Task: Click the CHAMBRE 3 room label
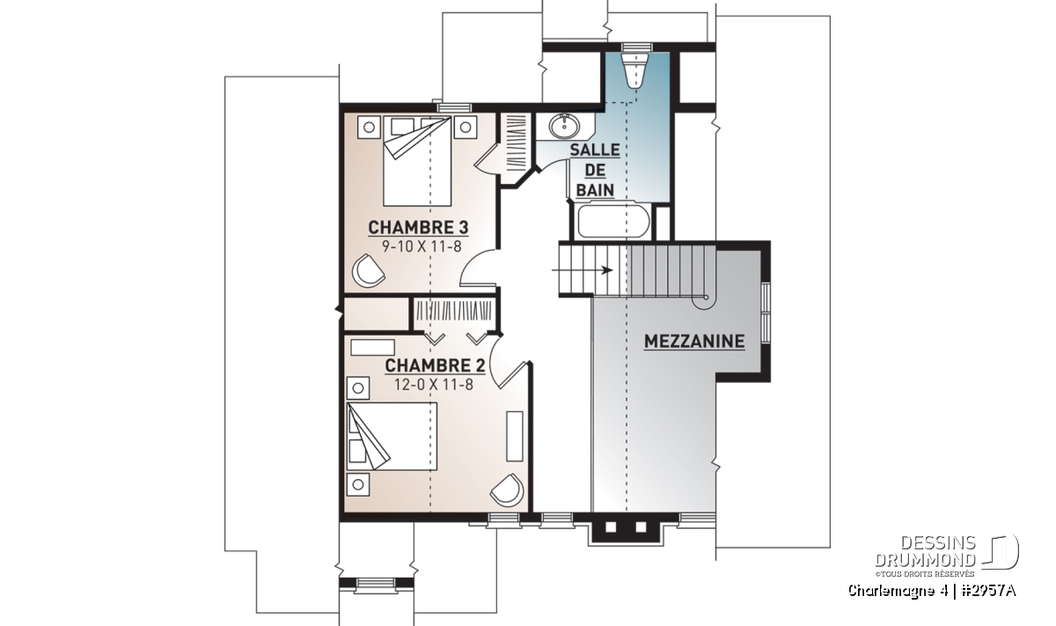point(418,228)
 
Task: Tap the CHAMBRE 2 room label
point(435,366)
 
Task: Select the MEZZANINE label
point(694,342)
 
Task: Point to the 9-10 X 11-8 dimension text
point(422,247)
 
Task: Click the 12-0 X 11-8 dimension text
point(434,385)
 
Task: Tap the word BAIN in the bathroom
point(595,190)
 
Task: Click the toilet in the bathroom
point(636,70)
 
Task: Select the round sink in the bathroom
point(564,127)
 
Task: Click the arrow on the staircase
point(583,270)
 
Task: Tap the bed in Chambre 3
point(417,161)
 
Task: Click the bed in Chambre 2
point(392,436)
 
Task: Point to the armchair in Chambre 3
point(368,271)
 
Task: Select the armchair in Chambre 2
point(507,490)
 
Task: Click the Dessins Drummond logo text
point(925,552)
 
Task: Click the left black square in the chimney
point(611,527)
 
